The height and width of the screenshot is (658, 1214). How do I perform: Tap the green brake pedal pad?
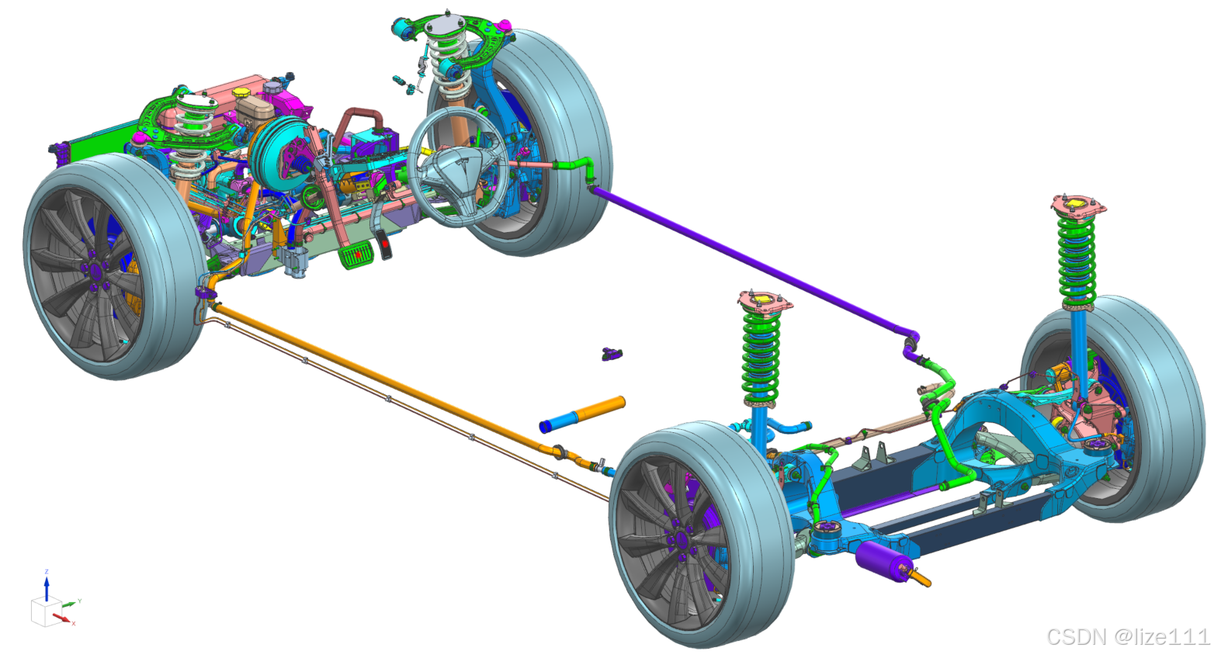(355, 256)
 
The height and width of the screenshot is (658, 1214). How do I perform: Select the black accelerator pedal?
(384, 244)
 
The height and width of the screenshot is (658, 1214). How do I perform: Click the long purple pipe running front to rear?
(754, 261)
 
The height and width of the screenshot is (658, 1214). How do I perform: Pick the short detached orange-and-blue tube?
(583, 415)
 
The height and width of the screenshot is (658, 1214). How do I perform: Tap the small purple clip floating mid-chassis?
(612, 354)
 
